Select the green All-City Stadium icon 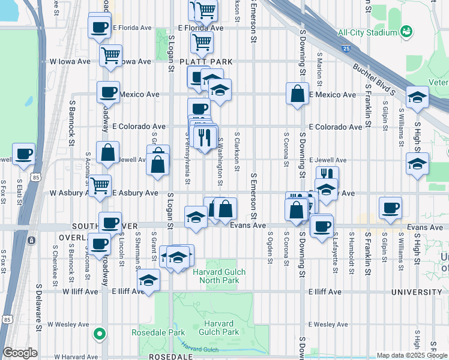tap(406, 30)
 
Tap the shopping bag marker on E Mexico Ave tap(297, 94)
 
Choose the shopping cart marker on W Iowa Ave tap(110, 56)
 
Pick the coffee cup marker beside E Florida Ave tap(99, 26)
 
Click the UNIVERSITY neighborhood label tap(416, 292)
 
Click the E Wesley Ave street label tap(328, 324)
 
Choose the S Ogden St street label tap(271, 247)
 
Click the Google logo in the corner tap(20, 353)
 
